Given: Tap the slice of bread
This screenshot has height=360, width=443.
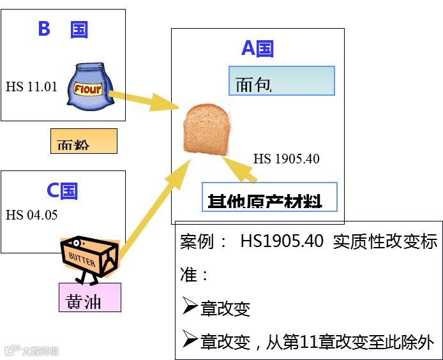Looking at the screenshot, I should point(206,128).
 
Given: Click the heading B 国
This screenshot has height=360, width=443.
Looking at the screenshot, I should point(63,29).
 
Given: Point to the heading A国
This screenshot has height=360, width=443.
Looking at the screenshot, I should point(257,49).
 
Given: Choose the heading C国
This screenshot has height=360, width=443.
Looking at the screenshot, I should point(62,190).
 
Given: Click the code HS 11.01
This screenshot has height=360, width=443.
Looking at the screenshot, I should point(31,87).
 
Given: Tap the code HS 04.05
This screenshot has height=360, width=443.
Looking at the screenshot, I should point(31,215).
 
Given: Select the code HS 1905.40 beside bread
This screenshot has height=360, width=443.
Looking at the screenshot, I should point(287,159).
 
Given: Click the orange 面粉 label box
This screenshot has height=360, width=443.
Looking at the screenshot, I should point(84,141).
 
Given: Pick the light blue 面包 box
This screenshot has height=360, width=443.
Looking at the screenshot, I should point(282,81).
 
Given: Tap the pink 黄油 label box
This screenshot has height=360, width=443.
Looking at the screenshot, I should point(89,297).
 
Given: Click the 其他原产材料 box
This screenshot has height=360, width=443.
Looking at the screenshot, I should point(269,198).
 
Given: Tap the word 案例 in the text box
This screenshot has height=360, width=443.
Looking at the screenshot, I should point(196,242).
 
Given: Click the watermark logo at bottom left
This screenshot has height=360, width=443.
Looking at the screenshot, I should point(32,350).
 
